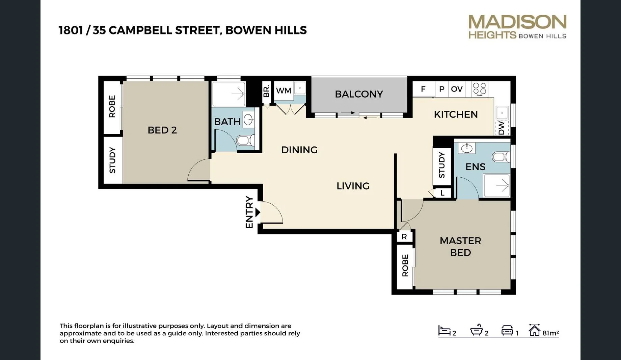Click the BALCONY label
pyautogui.click(x=359, y=94)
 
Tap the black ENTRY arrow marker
pyautogui.click(x=258, y=212)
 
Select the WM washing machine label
pyautogui.click(x=283, y=91)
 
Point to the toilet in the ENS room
pyautogui.click(x=501, y=157)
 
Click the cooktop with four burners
pyautogui.click(x=479, y=89)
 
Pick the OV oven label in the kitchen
pyautogui.click(x=457, y=89)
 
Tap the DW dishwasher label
pyautogui.click(x=502, y=128)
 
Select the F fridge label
pyautogui.click(x=423, y=89)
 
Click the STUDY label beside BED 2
pyautogui.click(x=112, y=160)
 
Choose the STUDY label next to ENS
pyautogui.click(x=441, y=165)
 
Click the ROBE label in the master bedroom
pyautogui.click(x=405, y=266)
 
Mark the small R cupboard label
pyautogui.click(x=404, y=237)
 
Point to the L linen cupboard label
pyautogui.click(x=442, y=193)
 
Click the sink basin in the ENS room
pyautogui.click(x=467, y=148)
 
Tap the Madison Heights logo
pyautogui.click(x=517, y=27)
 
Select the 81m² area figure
pyautogui.click(x=550, y=333)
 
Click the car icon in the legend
pyautogui.click(x=507, y=331)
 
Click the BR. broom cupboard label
pyautogui.click(x=266, y=91)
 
